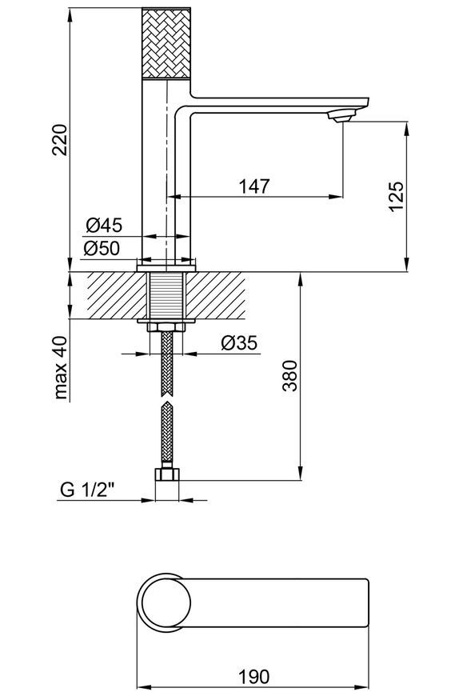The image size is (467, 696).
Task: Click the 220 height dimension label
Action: click(60, 139)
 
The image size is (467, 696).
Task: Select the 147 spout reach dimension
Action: click(254, 186)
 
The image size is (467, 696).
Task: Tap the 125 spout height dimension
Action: click(397, 196)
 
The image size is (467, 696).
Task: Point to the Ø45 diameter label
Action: click(104, 226)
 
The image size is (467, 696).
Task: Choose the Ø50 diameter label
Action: click(102, 248)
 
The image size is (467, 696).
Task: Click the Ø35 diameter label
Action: click(239, 342)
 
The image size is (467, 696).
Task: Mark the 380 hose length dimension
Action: click(289, 375)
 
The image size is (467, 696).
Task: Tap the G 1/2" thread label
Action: click(87, 490)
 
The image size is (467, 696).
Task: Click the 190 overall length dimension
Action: click(254, 677)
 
